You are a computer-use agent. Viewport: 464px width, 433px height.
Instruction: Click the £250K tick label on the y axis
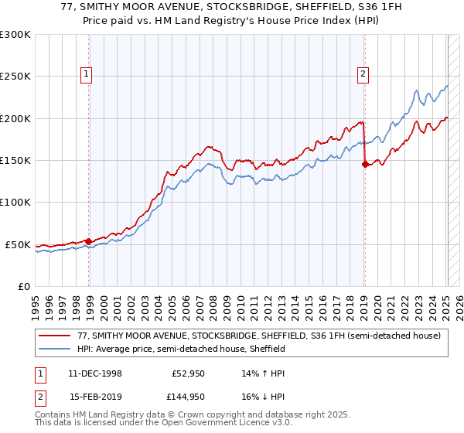click(x=15, y=77)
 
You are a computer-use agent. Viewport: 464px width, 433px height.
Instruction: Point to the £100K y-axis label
click(x=15, y=202)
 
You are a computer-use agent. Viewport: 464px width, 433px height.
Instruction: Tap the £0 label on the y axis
click(x=24, y=286)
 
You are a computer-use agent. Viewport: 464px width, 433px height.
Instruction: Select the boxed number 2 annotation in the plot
click(x=362, y=74)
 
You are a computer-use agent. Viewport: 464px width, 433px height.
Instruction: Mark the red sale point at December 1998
click(x=89, y=241)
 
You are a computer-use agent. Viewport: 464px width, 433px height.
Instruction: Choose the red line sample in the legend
click(x=56, y=336)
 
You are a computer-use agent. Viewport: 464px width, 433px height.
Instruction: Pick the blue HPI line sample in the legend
click(x=56, y=349)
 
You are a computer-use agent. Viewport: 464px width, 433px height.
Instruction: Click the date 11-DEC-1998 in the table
click(x=96, y=373)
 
